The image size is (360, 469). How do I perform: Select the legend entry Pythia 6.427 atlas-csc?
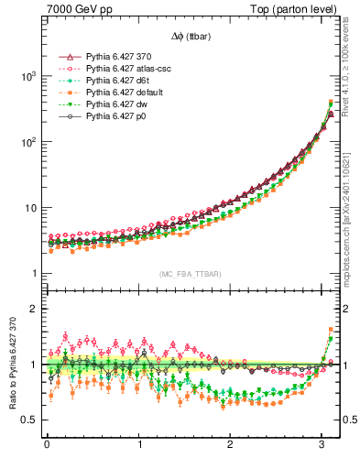pos(128,69)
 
